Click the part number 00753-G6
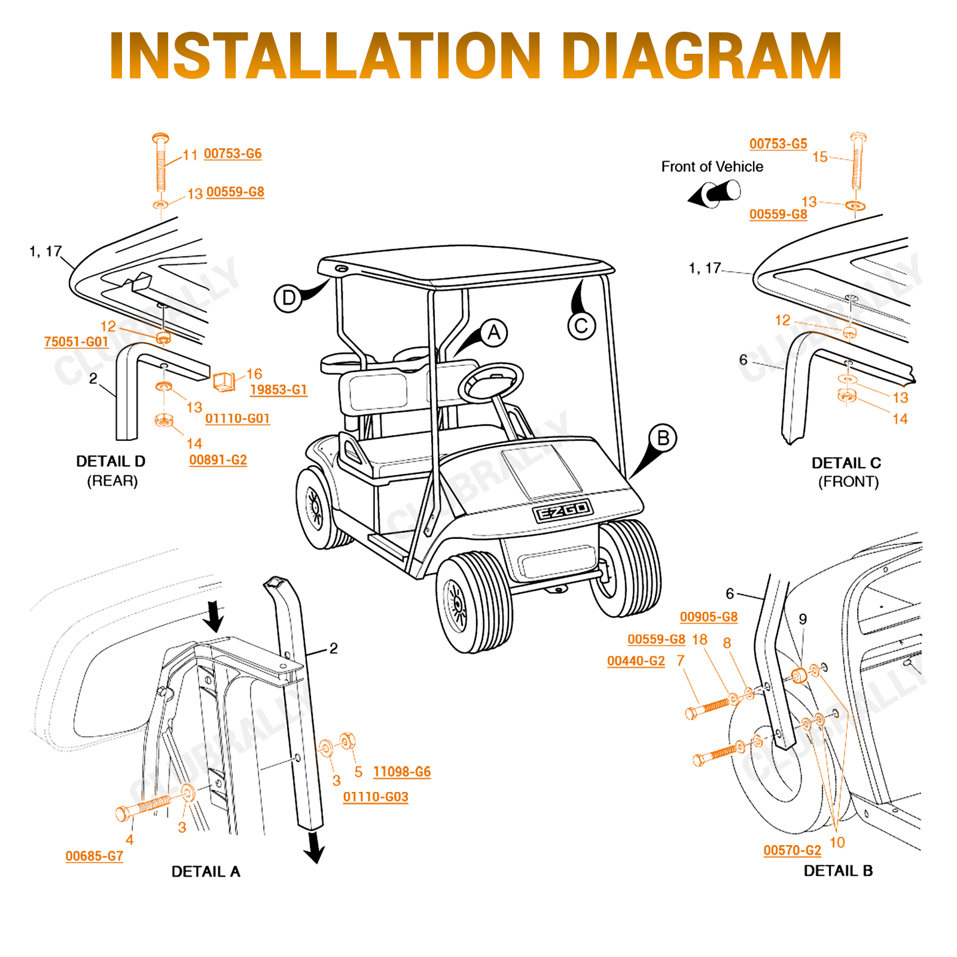click(x=233, y=154)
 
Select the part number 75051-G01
click(x=76, y=342)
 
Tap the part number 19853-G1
click(x=278, y=389)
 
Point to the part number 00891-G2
click(x=218, y=460)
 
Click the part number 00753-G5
click(x=778, y=144)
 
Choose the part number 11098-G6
click(x=401, y=772)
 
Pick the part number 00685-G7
click(x=94, y=857)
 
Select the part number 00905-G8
click(x=708, y=617)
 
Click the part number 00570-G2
click(x=792, y=851)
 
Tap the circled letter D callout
click(x=288, y=298)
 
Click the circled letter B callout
click(x=663, y=438)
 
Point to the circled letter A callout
click(x=493, y=333)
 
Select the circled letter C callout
click(x=581, y=326)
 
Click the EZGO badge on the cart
click(x=562, y=511)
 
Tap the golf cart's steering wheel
click(x=491, y=383)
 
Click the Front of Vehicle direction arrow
click(x=715, y=194)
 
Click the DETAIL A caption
click(x=206, y=871)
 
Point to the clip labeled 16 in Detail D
click(x=224, y=381)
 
